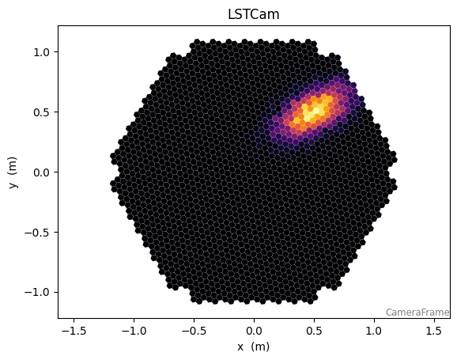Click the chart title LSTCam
253,14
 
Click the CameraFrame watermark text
417,313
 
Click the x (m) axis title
253,347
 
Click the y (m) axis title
13,172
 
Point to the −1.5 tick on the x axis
74,331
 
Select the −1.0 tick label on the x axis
134,331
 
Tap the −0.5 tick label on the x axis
194,331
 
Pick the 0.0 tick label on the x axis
254,331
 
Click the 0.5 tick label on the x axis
314,331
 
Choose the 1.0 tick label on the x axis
374,331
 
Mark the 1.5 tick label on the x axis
435,331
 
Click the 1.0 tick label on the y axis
41,52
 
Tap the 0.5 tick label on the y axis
41,112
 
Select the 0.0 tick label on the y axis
41,172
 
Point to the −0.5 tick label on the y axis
36,233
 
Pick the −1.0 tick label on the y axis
36,293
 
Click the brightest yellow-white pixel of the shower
316,111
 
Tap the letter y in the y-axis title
13,185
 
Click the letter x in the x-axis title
240,347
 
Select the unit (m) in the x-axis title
260,347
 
